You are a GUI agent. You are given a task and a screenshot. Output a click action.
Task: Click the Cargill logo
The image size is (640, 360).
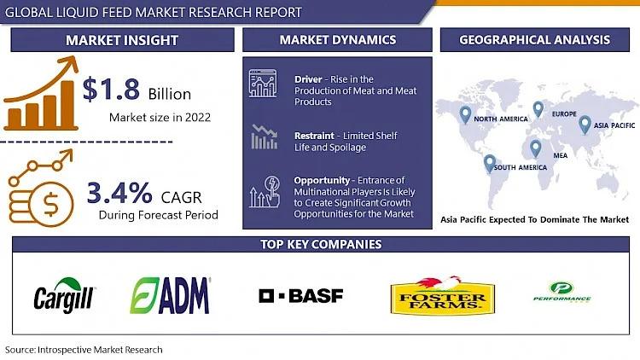pyautogui.click(x=64, y=296)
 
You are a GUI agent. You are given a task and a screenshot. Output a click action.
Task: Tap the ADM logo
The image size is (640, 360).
pyautogui.click(x=170, y=296)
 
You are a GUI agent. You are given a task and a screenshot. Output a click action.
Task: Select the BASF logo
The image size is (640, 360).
pyautogui.click(x=301, y=296)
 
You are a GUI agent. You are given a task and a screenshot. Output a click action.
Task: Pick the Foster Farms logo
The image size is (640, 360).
pyautogui.click(x=443, y=296)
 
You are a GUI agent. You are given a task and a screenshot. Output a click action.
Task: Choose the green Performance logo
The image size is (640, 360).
pyautogui.click(x=561, y=293)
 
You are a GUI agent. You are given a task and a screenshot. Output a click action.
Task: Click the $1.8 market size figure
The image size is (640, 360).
pyautogui.click(x=111, y=89)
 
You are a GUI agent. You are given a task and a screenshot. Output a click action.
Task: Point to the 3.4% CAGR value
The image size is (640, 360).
pyautogui.click(x=119, y=193)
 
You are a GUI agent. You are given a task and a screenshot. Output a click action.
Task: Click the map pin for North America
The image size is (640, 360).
pyautogui.click(x=465, y=114)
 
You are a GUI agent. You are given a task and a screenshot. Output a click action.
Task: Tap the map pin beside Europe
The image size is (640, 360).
pyautogui.click(x=538, y=109)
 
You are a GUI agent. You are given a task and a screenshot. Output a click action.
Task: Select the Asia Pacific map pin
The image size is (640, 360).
pyautogui.click(x=585, y=125)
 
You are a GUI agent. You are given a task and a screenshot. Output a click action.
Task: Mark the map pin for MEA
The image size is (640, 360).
pyautogui.click(x=536, y=148)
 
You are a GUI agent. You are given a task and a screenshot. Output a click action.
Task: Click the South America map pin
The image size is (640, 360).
pyautogui.click(x=490, y=163)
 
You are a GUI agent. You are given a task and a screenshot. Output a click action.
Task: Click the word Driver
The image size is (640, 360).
pyautogui.click(x=308, y=79)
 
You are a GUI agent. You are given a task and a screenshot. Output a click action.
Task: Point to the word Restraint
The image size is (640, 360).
pyautogui.click(x=314, y=136)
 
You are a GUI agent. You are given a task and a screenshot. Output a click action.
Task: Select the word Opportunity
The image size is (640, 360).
pyautogui.click(x=322, y=180)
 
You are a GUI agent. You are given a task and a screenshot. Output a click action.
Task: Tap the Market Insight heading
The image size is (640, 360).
pyautogui.click(x=122, y=40)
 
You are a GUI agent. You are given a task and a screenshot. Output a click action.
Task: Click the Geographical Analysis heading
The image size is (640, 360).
pyautogui.click(x=535, y=39)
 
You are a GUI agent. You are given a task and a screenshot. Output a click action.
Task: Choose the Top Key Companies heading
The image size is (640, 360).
pyautogui.click(x=321, y=244)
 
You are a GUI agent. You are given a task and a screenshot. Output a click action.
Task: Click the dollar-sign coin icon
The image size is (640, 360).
pyautogui.click(x=50, y=204)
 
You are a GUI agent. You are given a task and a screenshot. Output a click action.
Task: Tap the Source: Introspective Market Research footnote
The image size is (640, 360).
pyautogui.click(x=84, y=350)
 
